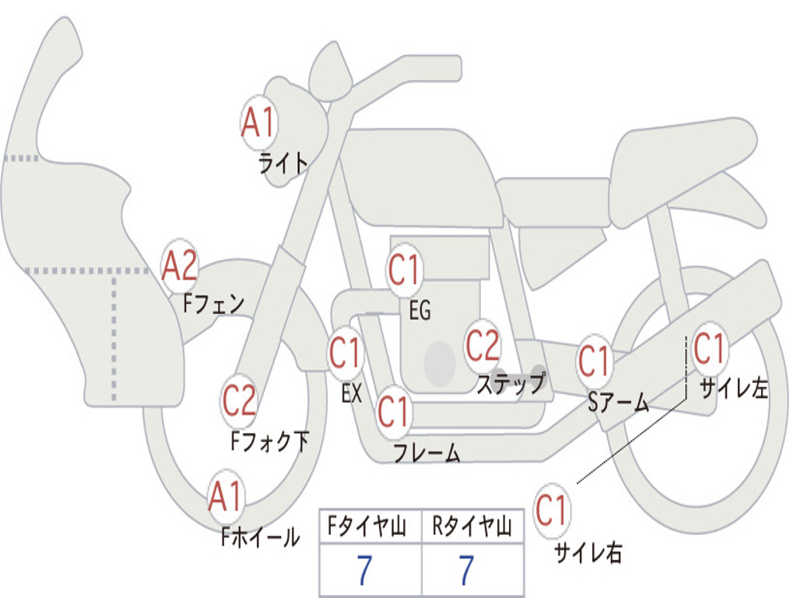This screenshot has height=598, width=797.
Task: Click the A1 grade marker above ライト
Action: point(259,122)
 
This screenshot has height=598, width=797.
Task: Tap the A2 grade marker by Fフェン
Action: point(180,266)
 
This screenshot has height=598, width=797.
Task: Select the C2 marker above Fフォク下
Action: point(239,400)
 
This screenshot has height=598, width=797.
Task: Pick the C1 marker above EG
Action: point(405,270)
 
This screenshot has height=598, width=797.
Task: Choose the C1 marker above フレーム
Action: point(395,411)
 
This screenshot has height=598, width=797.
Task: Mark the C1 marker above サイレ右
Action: point(552,510)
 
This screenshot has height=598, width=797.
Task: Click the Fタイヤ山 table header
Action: point(367,526)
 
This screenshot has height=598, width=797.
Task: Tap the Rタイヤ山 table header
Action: point(472,526)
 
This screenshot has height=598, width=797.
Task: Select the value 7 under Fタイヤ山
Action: point(364,570)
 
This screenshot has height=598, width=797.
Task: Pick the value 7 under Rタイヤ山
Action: point(466,570)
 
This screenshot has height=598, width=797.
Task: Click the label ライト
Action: point(283,163)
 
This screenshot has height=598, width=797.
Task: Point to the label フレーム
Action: point(427,452)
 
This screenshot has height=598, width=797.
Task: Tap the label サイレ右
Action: point(588,552)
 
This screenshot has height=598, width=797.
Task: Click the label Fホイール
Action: point(260,536)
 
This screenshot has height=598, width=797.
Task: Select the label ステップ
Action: point(511,383)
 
